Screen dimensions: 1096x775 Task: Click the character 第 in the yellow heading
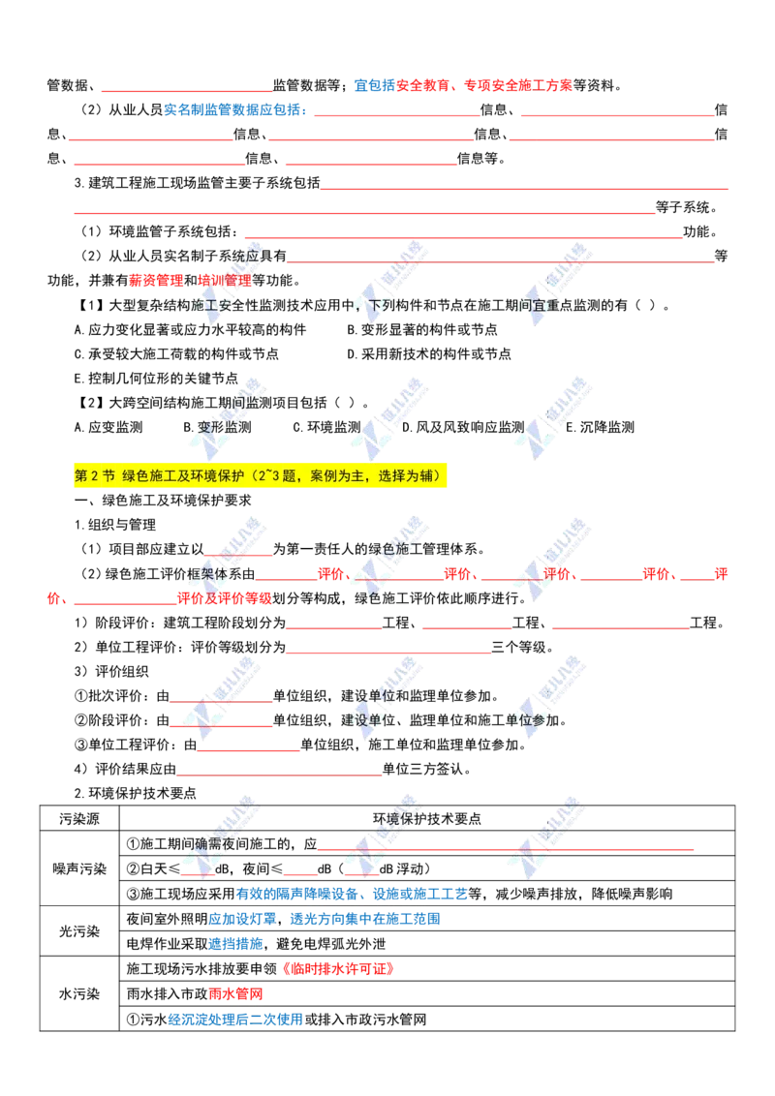coord(80,476)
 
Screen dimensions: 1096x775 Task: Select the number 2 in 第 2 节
coord(95,476)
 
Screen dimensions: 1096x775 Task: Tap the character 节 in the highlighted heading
coord(109,476)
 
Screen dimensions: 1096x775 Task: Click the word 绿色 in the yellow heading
coord(135,476)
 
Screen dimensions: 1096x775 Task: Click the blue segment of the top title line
coord(372,85)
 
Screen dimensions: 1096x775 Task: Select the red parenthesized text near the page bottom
coord(338,968)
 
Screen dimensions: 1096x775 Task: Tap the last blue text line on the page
coord(234,1020)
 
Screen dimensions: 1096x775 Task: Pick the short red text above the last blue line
coord(235,993)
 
